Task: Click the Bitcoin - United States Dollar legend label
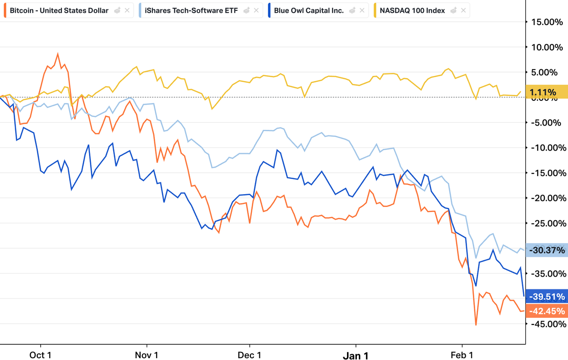[59, 10]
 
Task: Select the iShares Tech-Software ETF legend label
[191, 10]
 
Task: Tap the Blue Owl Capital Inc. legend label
[309, 10]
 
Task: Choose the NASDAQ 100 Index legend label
[412, 10]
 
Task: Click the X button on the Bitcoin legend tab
[127, 10]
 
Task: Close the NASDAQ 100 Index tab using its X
[463, 10]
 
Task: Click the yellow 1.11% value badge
[547, 92]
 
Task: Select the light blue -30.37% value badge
[547, 250]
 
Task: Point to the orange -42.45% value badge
[547, 311]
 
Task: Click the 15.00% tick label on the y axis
[547, 22]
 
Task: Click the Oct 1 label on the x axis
[40, 355]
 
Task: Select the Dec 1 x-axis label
[249, 355]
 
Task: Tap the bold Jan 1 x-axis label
[355, 355]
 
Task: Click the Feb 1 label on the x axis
[462, 355]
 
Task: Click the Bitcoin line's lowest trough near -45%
[476, 325]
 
